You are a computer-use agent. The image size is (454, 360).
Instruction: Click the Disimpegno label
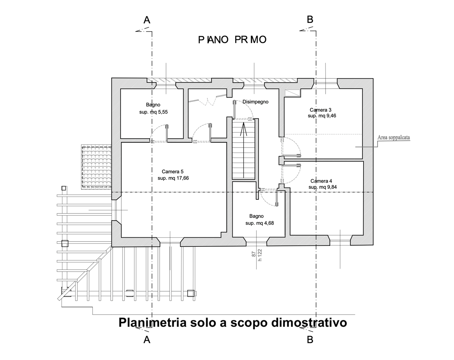[255, 102]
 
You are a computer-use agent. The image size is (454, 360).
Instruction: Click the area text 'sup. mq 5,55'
[153, 111]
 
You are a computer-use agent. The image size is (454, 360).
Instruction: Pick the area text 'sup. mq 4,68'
[260, 223]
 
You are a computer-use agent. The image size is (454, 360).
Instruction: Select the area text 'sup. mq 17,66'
[173, 178]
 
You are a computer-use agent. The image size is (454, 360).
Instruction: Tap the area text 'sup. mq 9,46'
[322, 116]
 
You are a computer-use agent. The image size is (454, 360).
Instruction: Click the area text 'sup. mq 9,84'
[323, 187]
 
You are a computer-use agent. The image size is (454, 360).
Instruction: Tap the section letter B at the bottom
[310, 339]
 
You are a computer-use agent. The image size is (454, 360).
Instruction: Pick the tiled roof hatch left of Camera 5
[96, 167]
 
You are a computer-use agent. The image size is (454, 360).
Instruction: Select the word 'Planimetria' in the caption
[153, 323]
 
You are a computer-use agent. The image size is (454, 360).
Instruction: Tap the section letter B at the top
[310, 20]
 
